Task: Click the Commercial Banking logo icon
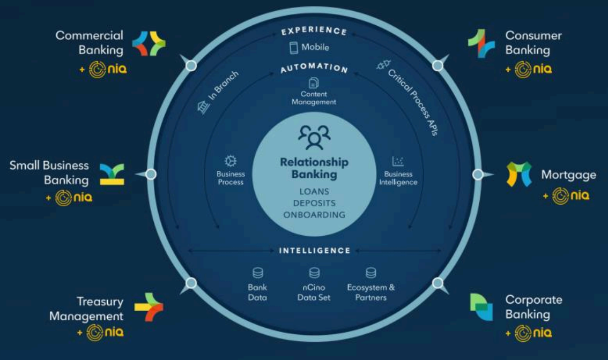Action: pos(149,43)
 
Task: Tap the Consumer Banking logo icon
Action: pos(481,43)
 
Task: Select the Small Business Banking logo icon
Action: pos(112,175)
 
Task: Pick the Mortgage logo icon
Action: pos(518,174)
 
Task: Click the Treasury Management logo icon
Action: pos(149,307)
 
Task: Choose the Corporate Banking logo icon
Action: pos(481,307)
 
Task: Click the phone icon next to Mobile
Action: pos(293,48)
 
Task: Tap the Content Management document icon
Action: pos(314,83)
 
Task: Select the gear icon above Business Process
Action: pos(231,161)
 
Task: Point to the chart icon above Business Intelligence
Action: pos(398,161)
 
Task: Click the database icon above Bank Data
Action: pos(257,273)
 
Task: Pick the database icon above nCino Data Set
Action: pos(314,273)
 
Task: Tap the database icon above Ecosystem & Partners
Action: pos(370,273)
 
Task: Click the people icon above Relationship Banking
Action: pos(314,137)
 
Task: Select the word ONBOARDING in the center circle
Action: pos(314,215)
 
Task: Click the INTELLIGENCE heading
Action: pos(315,251)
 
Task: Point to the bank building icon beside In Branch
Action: pos(204,107)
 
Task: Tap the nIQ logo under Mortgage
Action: pos(570,196)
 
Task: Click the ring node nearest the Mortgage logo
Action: pos(478,175)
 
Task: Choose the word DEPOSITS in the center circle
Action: pos(314,203)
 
